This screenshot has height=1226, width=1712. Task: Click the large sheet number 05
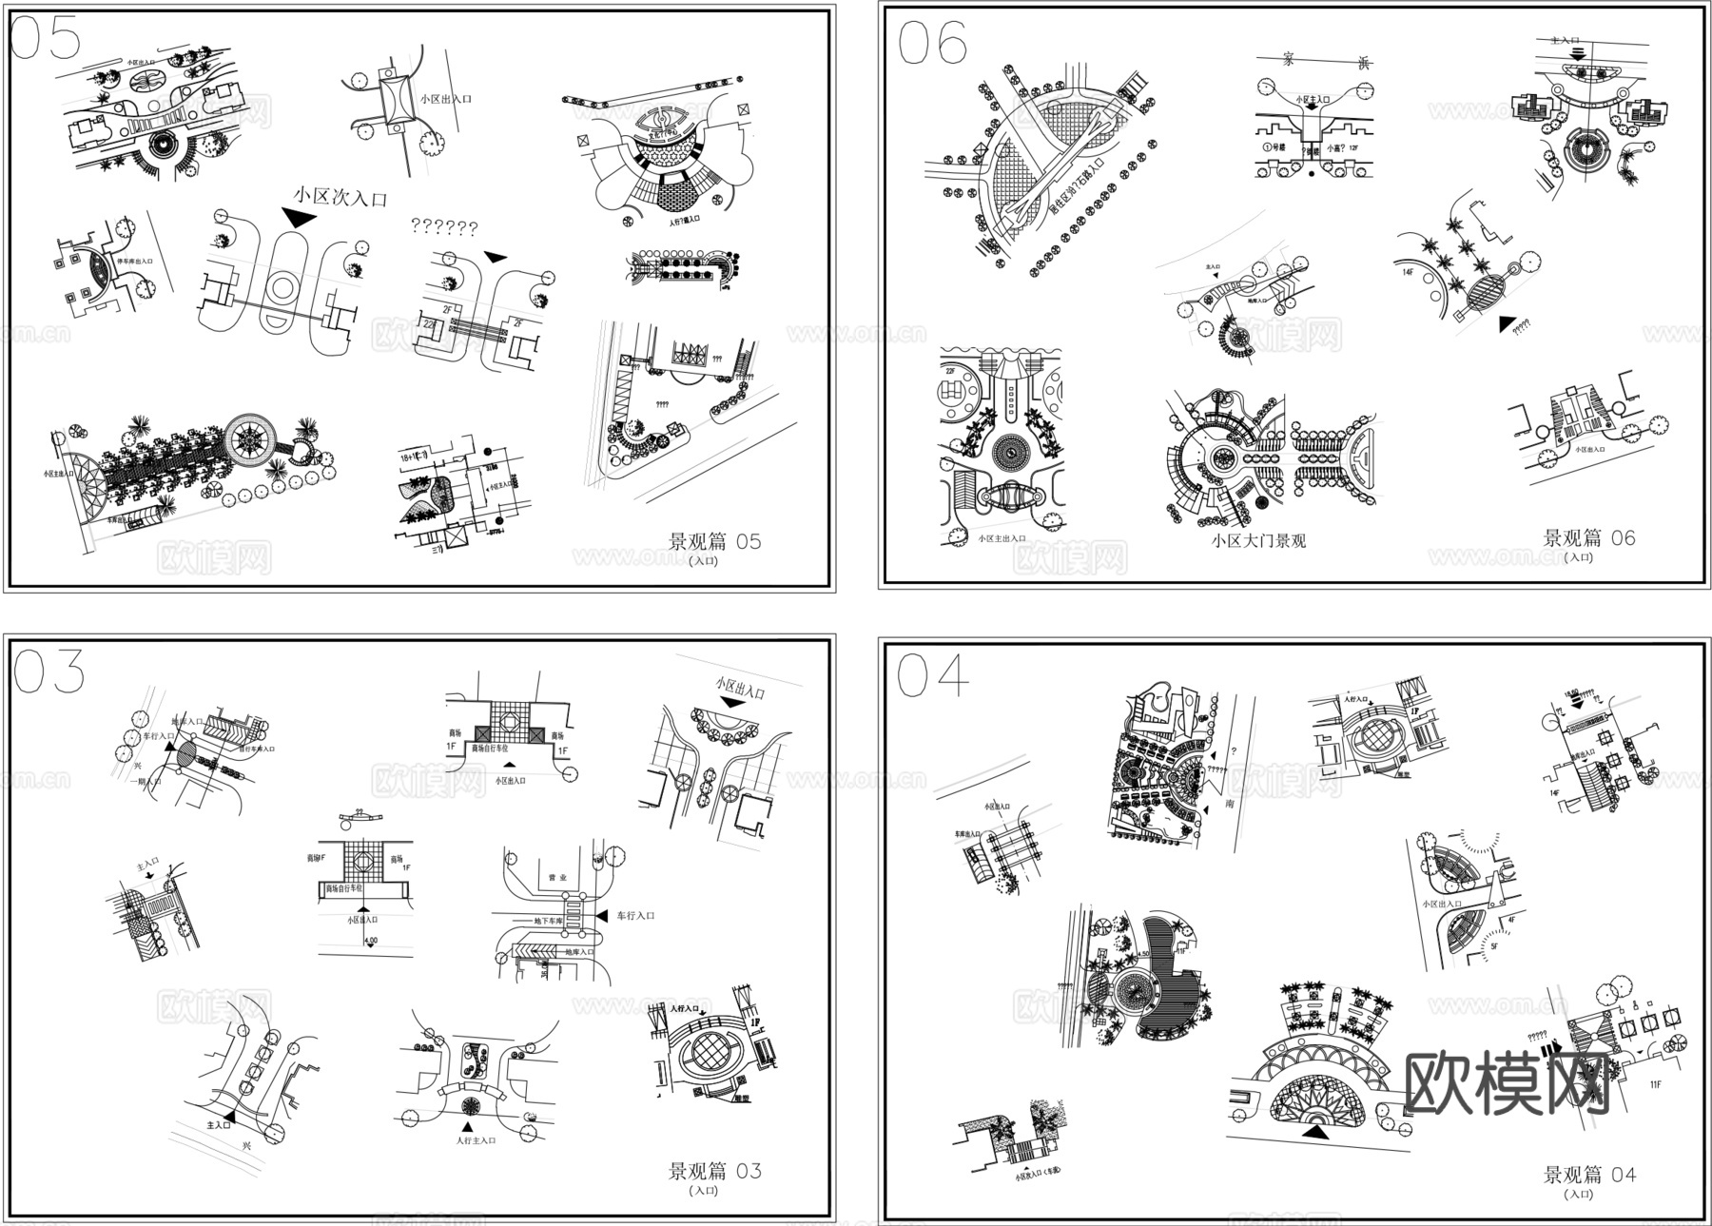coord(45,39)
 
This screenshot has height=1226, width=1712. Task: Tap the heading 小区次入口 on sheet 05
coord(340,198)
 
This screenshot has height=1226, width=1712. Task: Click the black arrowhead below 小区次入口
coord(299,219)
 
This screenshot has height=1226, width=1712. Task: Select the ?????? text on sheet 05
coord(444,227)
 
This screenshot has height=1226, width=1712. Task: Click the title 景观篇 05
coord(714,542)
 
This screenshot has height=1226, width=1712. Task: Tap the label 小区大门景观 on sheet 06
coord(1258,541)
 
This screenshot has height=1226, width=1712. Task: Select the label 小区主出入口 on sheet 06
coord(1002,539)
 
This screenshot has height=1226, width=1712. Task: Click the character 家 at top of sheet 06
coord(1289,60)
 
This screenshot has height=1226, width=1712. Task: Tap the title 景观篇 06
coord(1588,538)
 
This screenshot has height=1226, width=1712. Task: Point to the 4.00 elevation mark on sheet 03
coord(370,942)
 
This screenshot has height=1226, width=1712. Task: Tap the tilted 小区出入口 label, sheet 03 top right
coord(739,688)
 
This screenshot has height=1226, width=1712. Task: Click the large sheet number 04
coord(933,675)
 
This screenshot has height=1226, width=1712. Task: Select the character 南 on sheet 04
coord(1230,804)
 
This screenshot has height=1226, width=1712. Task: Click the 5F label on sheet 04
coord(1494,946)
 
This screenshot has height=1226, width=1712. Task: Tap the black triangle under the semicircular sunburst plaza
coord(1316,1132)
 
